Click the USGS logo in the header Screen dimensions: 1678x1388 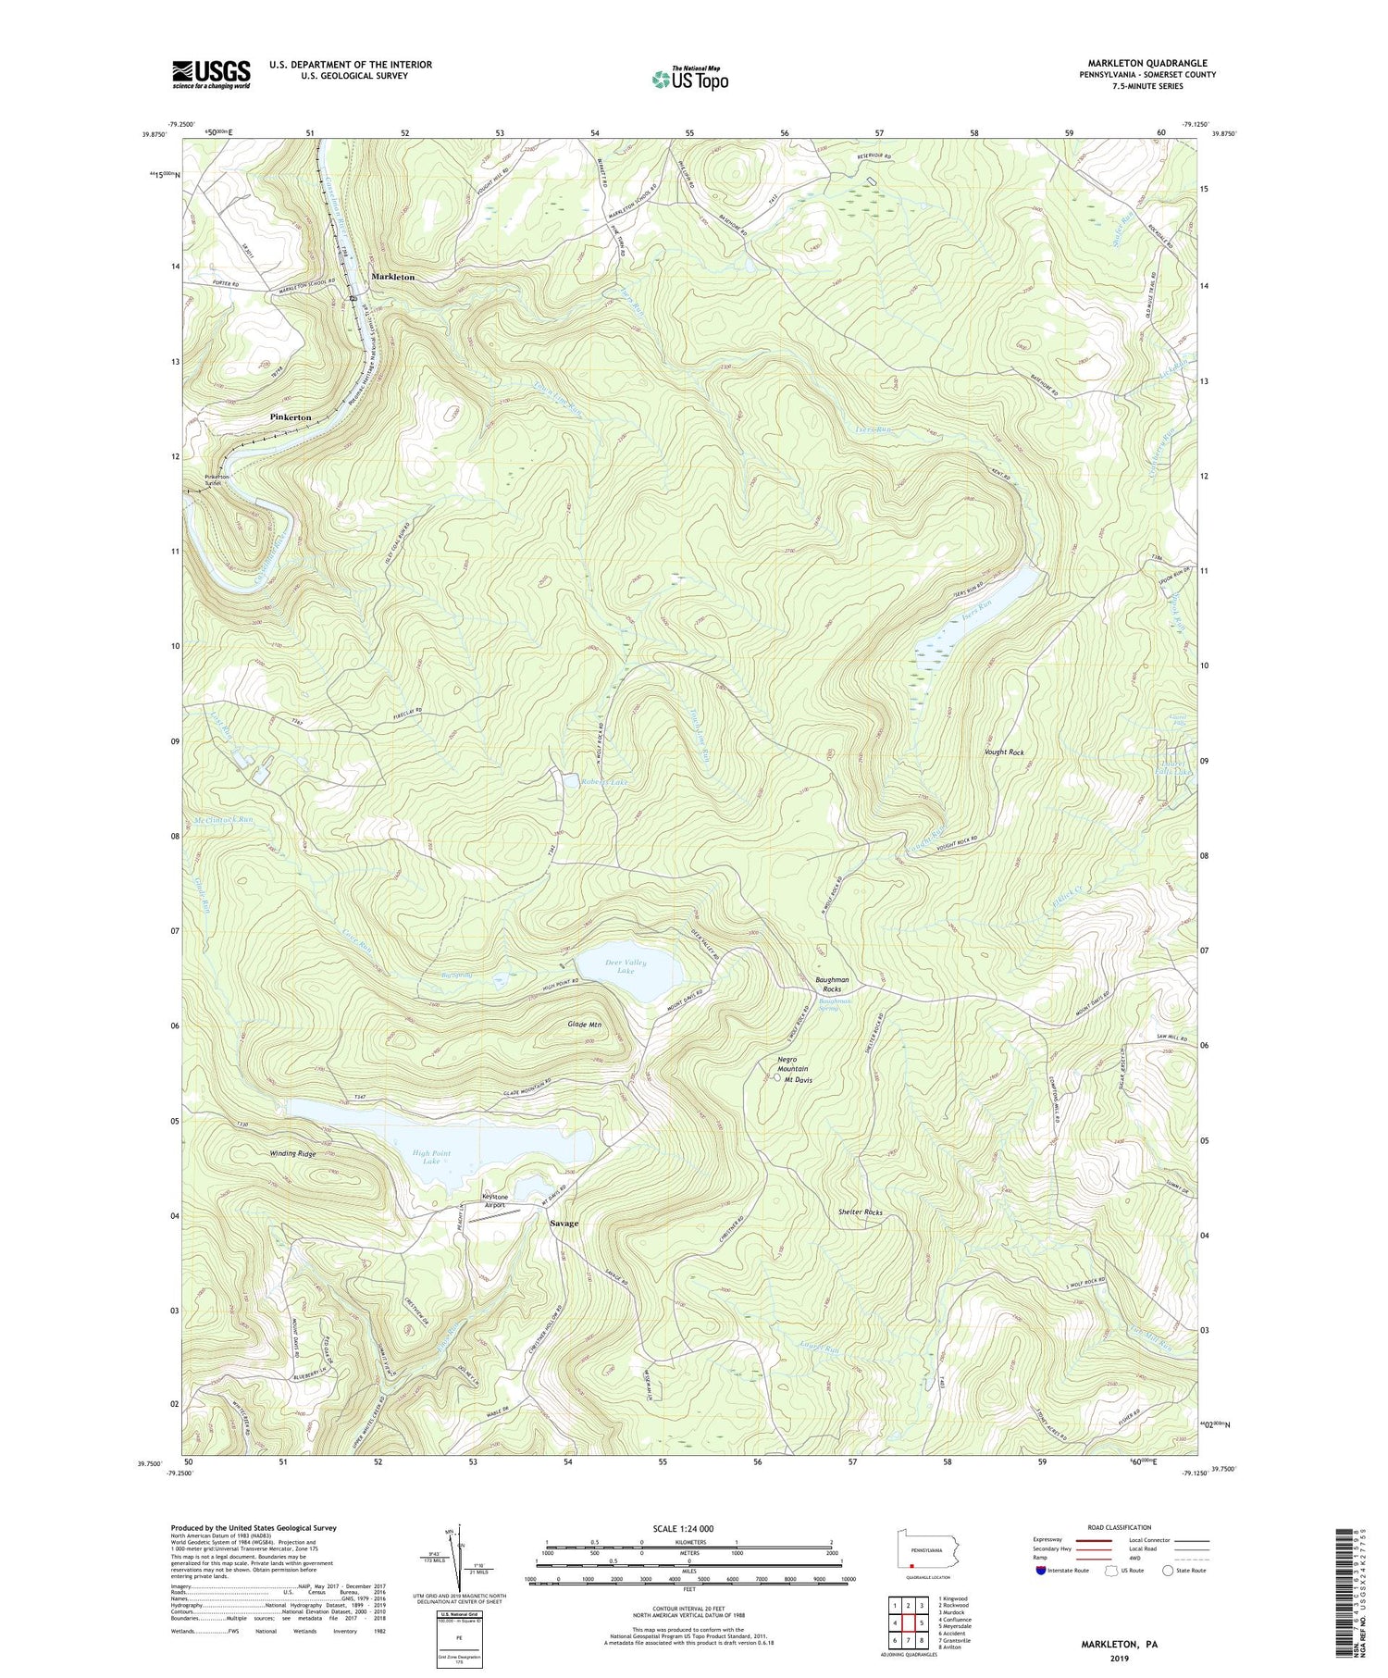click(211, 73)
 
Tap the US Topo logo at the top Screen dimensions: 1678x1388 click(689, 79)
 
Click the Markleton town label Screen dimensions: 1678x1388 click(393, 277)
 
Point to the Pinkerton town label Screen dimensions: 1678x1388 click(291, 417)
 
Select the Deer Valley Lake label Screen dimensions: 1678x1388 click(626, 967)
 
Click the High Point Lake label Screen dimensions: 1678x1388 click(431, 1157)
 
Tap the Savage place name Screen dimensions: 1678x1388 click(564, 1223)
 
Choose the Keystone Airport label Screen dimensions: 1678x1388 click(495, 1201)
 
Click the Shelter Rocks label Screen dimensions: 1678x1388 click(860, 1212)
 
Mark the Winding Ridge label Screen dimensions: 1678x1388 click(292, 1154)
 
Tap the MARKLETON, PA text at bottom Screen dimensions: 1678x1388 click(1120, 1644)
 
